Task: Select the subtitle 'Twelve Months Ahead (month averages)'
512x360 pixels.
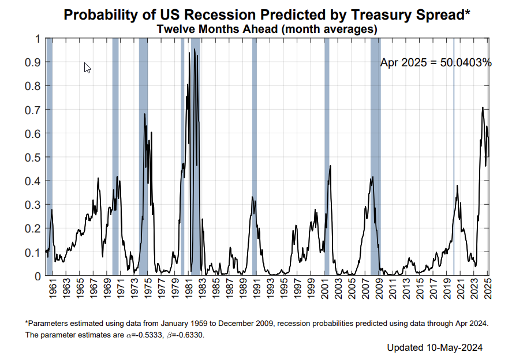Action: pos(267,29)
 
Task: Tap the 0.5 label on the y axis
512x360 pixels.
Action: pos(33,157)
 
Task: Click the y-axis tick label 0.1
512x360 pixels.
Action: pos(33,253)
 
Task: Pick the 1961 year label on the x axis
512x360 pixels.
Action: pos(53,289)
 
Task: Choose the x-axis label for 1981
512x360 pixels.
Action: pos(189,289)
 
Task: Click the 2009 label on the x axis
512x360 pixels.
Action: pos(379,289)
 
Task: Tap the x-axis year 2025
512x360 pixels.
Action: pos(488,289)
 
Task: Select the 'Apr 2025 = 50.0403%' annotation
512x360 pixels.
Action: pos(436,62)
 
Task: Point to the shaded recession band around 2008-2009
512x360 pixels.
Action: pos(376,157)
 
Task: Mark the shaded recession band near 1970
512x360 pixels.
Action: pos(115,157)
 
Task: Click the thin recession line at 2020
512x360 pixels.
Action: pos(454,157)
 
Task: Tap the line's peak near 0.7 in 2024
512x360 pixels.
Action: pos(483,107)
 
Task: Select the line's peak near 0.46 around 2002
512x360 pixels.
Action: pos(330,166)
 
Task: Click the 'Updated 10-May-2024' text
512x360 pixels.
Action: pos(435,348)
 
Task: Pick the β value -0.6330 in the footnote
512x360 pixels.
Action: pos(189,335)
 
